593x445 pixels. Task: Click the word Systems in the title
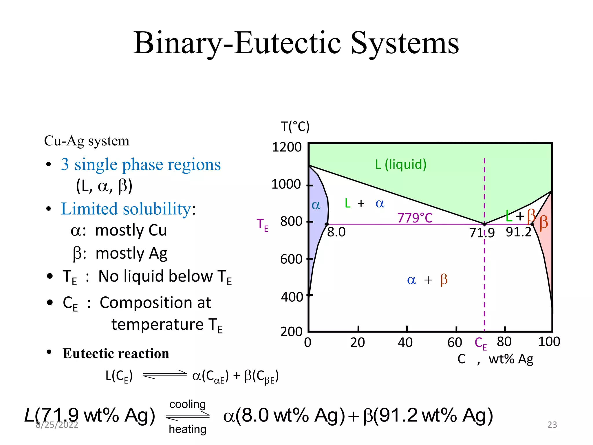[x=405, y=43]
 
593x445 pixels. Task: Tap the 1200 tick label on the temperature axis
[x=287, y=147]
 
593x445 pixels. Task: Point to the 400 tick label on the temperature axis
[x=292, y=297]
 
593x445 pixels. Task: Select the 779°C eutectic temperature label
[x=415, y=218]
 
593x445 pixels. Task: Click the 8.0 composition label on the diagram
[x=336, y=232]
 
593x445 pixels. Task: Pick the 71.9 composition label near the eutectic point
[x=482, y=233]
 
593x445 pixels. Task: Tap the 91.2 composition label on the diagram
[x=519, y=232]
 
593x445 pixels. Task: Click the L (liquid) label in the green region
[x=401, y=164]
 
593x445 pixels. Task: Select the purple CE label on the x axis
[x=481, y=343]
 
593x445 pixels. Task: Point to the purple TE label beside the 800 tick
[x=262, y=225]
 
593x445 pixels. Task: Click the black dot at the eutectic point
[x=484, y=224]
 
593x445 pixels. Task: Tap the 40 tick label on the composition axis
[x=405, y=342]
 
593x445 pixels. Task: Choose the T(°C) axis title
[x=295, y=127]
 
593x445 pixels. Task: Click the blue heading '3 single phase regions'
[x=141, y=164]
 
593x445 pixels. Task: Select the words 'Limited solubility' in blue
[x=126, y=209]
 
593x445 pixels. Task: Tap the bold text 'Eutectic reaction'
[x=116, y=353]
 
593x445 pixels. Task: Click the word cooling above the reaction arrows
[x=187, y=404]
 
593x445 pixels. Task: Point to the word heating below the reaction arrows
[x=187, y=429]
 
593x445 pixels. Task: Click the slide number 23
[x=552, y=425]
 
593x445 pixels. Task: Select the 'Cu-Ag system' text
[x=87, y=141]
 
